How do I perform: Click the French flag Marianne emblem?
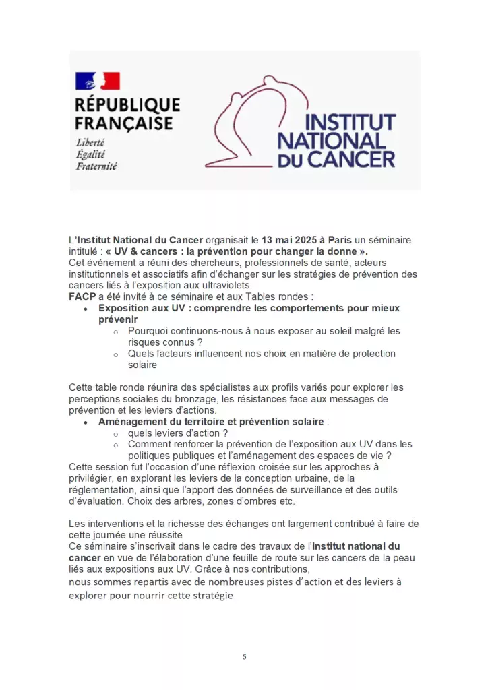[x=97, y=82]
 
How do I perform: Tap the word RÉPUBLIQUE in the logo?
[x=127, y=106]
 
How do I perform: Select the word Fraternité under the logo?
[x=96, y=166]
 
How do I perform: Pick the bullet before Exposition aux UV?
[x=85, y=309]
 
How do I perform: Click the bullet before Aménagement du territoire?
[x=85, y=422]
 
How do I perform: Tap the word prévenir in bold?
[x=118, y=319]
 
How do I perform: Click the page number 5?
[x=244, y=656]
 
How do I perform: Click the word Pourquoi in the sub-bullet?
[x=149, y=331]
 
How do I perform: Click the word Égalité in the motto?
[x=90, y=154]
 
